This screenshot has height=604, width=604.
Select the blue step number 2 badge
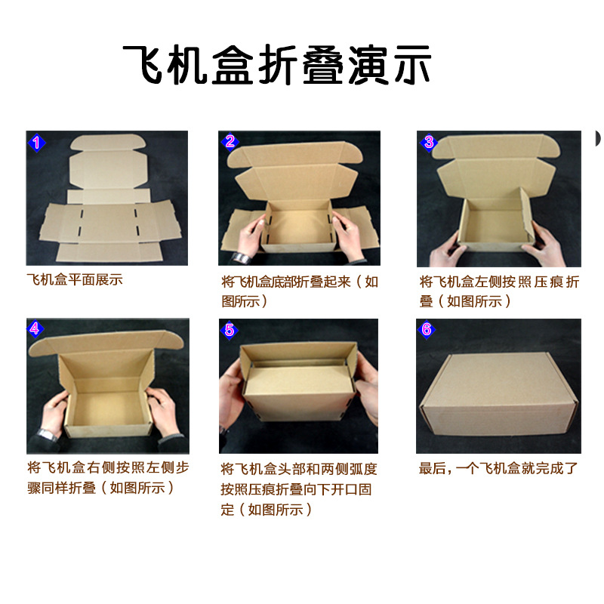tap(230, 141)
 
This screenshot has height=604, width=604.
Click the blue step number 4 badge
tap(35, 328)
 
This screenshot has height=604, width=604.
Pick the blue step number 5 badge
tap(230, 329)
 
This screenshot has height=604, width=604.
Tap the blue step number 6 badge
tap(427, 329)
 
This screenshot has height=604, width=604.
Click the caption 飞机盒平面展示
tap(75, 280)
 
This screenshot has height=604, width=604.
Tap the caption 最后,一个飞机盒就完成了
tap(499, 468)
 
